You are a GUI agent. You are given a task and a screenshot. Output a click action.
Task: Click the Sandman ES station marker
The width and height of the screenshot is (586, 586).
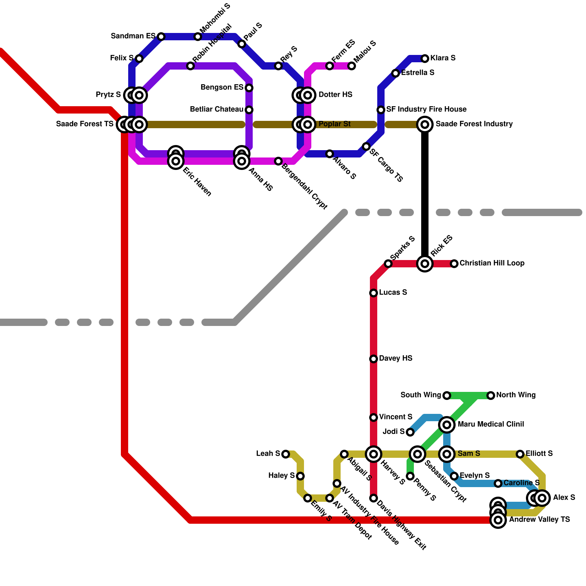[161, 37]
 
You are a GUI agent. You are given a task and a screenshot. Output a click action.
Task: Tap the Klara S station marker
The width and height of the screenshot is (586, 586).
[425, 59]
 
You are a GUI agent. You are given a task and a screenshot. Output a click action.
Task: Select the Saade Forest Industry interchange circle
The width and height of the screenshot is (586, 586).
[425, 125]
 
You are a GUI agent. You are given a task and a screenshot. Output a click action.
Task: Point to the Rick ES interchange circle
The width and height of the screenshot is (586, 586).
[425, 264]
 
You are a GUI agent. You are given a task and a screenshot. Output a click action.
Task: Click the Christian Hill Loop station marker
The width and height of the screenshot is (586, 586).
[454, 264]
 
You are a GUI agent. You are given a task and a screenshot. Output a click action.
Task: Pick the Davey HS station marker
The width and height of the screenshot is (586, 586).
[374, 359]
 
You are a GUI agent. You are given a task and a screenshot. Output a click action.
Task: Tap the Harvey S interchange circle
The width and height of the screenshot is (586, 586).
[374, 454]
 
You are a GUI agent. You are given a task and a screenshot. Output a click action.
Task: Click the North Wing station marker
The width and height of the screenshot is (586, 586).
[491, 396]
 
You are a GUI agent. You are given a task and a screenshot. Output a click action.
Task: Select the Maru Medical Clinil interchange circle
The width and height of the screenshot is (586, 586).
[447, 425]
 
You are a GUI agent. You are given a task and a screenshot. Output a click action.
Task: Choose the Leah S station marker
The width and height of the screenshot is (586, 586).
[286, 454]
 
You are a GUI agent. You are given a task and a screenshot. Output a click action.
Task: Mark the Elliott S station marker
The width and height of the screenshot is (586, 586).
[520, 454]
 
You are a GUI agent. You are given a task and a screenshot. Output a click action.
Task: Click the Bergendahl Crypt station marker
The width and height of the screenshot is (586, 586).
[278, 161]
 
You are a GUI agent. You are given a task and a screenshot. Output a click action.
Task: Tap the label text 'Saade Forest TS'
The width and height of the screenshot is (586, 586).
[85, 124]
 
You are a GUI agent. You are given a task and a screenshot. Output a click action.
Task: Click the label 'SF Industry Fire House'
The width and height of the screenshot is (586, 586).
[426, 110]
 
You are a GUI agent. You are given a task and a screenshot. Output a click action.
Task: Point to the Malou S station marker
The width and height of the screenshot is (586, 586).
[352, 66]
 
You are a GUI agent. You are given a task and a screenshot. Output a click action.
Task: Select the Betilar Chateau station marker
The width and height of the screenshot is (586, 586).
[249, 110]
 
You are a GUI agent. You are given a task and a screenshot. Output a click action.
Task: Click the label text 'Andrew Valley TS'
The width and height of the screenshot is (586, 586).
[539, 520]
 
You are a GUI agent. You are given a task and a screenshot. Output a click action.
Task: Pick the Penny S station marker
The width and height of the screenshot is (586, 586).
[410, 476]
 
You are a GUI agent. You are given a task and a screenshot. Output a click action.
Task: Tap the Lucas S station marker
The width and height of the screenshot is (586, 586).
[374, 293]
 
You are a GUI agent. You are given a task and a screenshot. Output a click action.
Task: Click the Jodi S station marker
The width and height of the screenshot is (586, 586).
[410, 432]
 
